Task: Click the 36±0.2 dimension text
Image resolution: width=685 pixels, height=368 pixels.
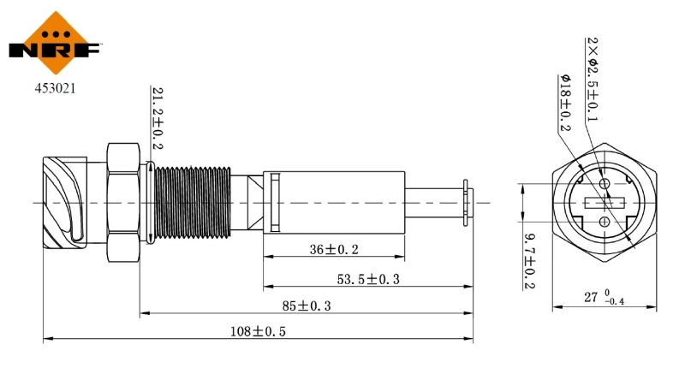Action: coord(334,249)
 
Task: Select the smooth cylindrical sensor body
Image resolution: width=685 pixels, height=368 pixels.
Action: coord(334,203)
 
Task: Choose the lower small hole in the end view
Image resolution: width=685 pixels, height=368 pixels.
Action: coord(605,222)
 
